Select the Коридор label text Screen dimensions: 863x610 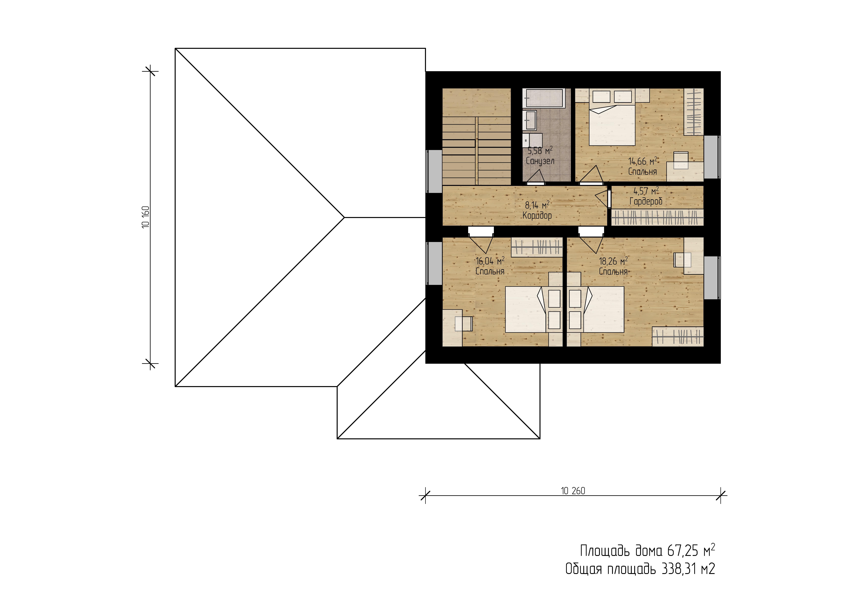click(537, 215)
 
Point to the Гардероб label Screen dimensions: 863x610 click(646, 201)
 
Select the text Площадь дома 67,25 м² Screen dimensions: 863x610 click(647, 551)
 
